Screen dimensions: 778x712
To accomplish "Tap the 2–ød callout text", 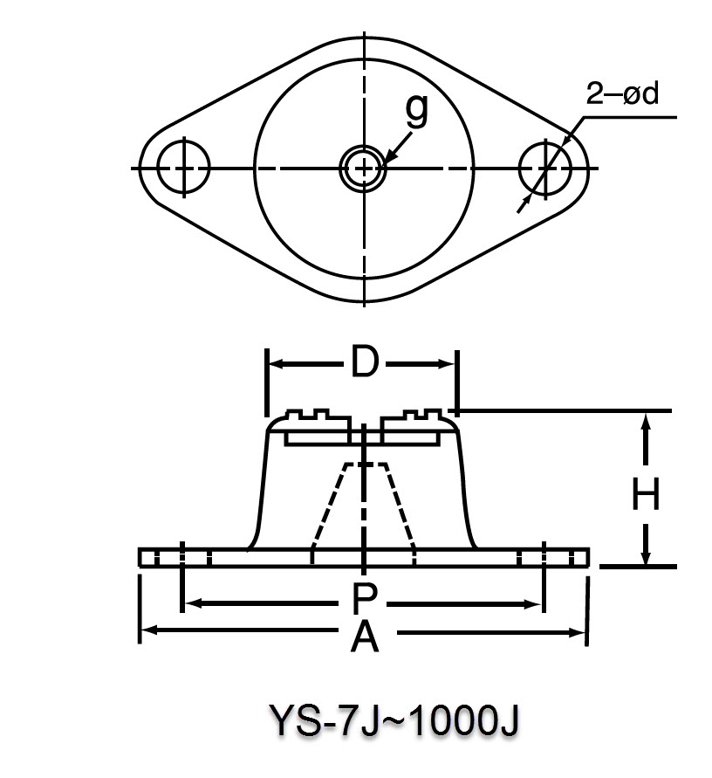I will coord(620,94).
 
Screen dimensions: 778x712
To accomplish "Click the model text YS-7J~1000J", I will coord(394,721).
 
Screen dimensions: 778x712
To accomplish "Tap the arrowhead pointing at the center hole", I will coord(387,157).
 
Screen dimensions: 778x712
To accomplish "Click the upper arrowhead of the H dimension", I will coord(646,421).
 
